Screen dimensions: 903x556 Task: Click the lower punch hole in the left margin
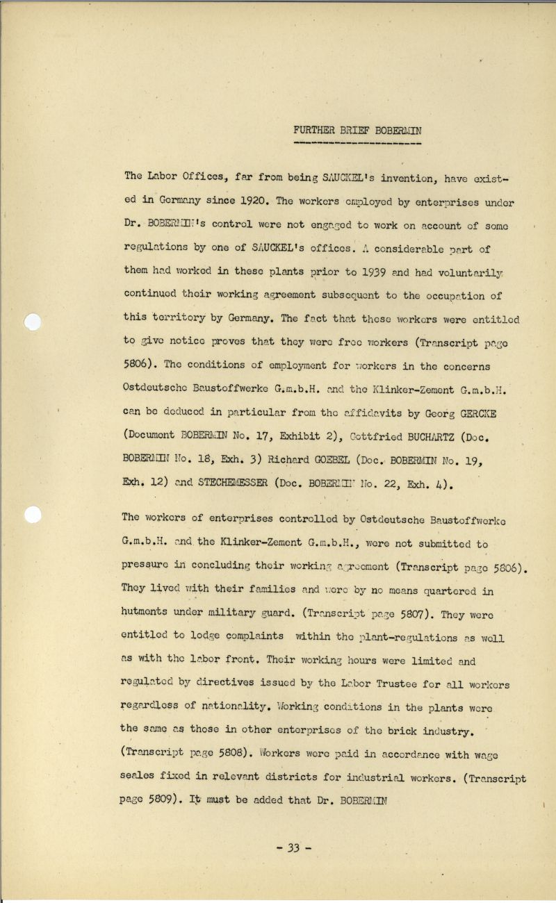[33, 515]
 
